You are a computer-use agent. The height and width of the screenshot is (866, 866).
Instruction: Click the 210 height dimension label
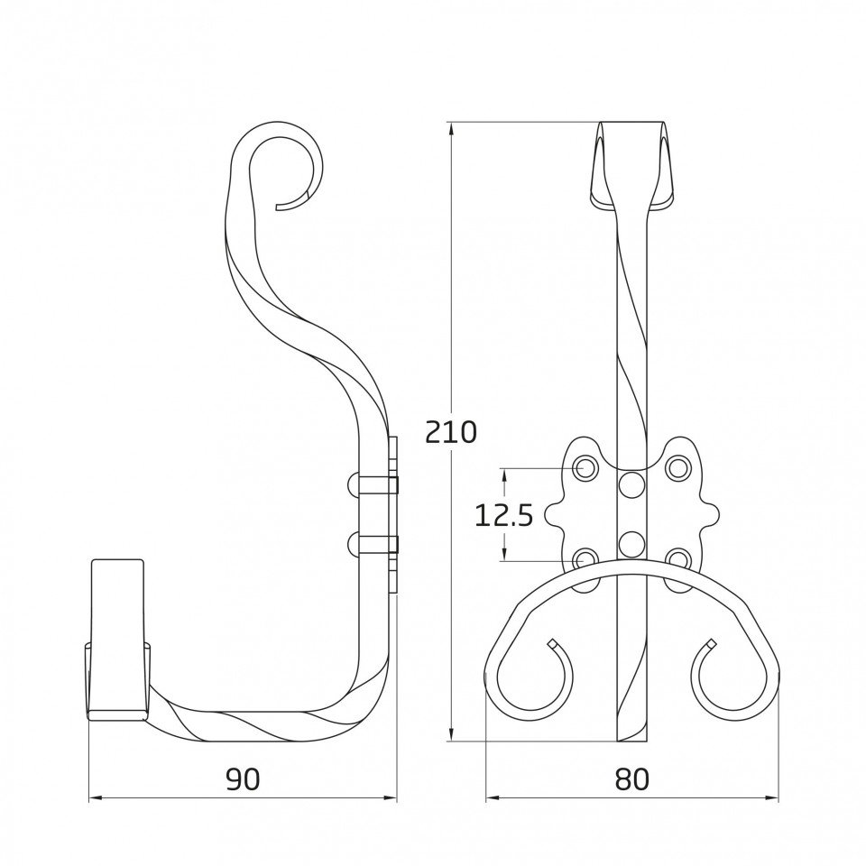451,432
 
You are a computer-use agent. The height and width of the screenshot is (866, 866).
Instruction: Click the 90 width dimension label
243,778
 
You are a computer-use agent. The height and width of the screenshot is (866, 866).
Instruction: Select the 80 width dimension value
631,778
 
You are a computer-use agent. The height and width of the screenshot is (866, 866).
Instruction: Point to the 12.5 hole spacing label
503,516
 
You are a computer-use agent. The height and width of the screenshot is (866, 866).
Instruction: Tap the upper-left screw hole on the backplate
586,468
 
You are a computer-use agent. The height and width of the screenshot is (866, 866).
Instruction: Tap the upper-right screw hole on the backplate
677,468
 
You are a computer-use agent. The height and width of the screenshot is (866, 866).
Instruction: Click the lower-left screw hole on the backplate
586,560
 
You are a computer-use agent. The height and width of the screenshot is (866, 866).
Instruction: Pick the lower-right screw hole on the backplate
677,559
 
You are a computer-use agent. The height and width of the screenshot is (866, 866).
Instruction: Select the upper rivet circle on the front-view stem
631,485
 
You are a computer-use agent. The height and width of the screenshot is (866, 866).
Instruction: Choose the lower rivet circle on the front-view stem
631,543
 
